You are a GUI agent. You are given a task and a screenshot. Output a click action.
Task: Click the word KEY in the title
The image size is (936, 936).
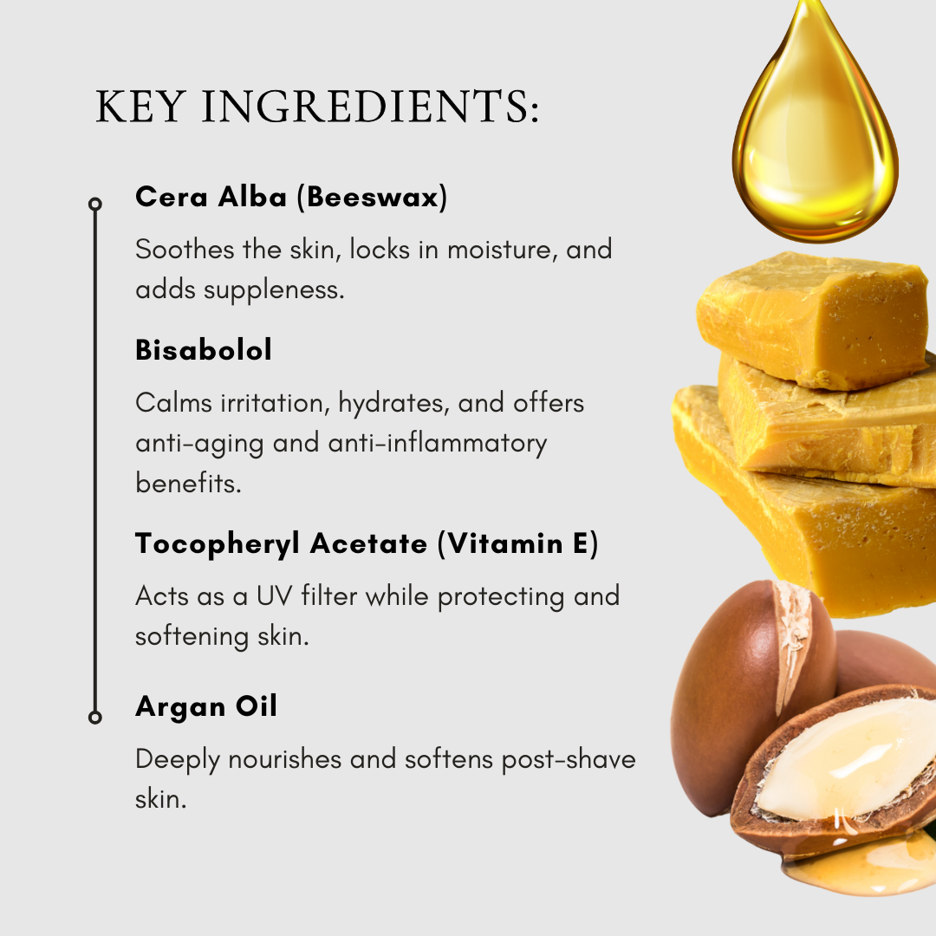140,107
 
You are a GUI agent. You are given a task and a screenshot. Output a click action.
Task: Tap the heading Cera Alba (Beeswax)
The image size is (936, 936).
291,197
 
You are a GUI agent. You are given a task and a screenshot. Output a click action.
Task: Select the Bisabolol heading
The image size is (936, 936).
204,350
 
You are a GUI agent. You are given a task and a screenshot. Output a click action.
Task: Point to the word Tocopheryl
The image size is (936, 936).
218,544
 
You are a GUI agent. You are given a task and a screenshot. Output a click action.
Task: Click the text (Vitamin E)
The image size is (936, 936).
517,543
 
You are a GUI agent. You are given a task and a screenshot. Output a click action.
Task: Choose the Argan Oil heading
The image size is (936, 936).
206,707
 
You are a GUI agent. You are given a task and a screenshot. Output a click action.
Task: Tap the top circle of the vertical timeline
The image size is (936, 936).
95,205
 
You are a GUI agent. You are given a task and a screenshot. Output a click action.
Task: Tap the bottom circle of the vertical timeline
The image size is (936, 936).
95,717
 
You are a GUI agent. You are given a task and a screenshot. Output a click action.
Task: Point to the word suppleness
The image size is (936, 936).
274,290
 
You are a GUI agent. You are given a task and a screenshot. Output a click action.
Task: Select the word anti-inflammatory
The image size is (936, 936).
437,444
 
